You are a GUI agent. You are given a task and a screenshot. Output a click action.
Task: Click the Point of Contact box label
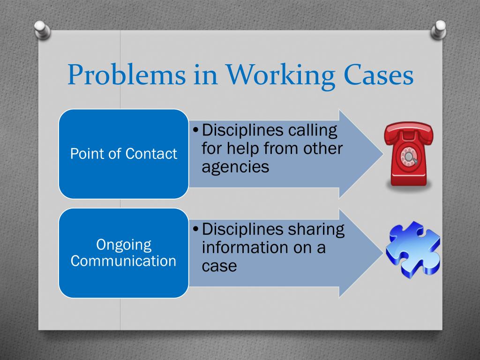124,154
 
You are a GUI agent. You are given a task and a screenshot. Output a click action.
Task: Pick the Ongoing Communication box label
124,253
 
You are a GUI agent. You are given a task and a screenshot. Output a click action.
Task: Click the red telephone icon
408,155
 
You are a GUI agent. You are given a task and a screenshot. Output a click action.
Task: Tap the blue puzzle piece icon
412,251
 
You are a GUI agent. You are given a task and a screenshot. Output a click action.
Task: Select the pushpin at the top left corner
43,29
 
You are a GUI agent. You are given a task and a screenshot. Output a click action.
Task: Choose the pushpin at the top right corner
440,29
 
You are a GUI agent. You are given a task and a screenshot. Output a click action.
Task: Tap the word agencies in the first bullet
235,166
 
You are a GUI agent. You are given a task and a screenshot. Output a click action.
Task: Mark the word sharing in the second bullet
316,230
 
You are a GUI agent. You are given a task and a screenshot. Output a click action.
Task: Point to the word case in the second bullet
219,266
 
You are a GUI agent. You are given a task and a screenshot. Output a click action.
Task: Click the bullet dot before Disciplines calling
196,130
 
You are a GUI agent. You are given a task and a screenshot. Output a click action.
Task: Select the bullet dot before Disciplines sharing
196,229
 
